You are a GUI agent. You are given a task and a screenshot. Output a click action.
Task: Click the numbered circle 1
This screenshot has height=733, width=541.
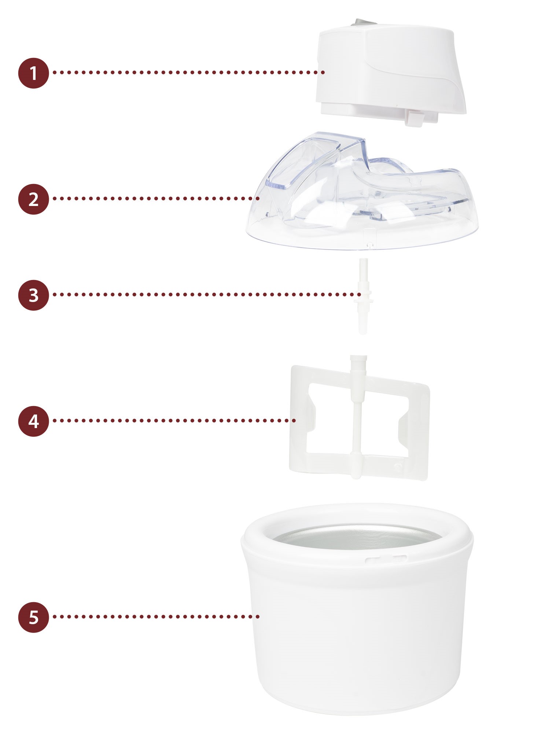tap(33, 73)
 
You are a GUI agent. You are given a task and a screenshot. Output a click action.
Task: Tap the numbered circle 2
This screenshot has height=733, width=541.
tap(33, 199)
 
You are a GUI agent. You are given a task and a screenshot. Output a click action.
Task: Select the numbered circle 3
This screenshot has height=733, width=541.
tap(33, 295)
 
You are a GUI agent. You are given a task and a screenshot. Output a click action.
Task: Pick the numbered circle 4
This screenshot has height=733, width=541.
tap(33, 421)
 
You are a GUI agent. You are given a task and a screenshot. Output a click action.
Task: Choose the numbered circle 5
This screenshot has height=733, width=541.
tap(33, 617)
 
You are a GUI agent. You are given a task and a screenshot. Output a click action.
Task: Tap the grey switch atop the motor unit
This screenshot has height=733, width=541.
tap(363, 23)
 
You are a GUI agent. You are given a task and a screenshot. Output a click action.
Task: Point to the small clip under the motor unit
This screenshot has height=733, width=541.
tap(414, 118)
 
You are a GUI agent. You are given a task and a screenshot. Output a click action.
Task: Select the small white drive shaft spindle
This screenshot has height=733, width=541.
tap(362, 296)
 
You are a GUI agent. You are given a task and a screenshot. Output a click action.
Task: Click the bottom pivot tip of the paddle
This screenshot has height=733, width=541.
tap(355, 475)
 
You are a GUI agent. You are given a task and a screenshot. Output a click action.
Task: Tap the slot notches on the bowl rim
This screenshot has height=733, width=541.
tap(386, 559)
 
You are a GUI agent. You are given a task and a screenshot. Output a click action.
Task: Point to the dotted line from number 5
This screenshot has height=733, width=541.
tap(156, 617)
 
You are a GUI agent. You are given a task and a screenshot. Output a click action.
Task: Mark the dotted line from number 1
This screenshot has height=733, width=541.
tap(189, 73)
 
